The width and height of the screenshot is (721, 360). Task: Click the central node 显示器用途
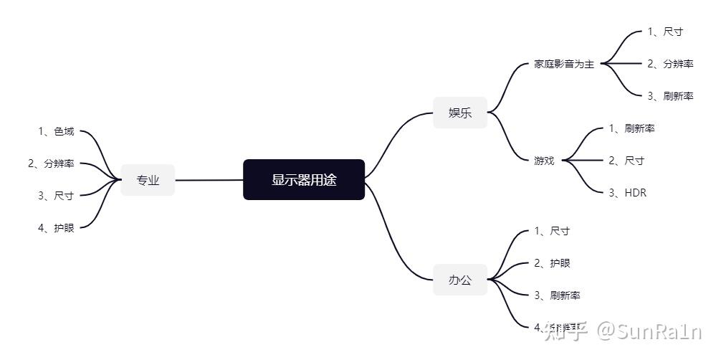(304, 180)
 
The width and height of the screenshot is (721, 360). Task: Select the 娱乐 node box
(460, 113)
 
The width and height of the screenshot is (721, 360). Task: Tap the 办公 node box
(460, 280)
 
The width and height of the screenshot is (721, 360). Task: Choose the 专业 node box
(148, 180)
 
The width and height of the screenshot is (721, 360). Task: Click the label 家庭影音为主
(564, 64)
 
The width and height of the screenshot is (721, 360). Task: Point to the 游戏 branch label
(544, 161)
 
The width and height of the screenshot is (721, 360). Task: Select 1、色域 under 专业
(56, 131)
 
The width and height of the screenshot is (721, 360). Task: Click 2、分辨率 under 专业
(51, 164)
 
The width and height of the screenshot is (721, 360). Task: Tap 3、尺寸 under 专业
(56, 196)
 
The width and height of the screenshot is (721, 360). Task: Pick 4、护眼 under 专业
(56, 228)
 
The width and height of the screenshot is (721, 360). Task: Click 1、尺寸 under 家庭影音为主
(665, 32)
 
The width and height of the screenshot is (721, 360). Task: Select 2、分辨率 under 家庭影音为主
(670, 64)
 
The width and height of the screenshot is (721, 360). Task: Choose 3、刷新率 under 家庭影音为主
(670, 96)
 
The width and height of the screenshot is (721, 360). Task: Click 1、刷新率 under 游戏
(631, 128)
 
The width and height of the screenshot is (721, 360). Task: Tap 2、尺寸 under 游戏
(626, 161)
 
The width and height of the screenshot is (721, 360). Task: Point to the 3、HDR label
(627, 193)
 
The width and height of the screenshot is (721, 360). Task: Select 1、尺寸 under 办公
(552, 231)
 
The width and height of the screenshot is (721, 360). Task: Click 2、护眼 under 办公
(552, 263)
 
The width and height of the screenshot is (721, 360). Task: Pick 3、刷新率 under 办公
(557, 295)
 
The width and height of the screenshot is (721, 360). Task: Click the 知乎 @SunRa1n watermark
(622, 331)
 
